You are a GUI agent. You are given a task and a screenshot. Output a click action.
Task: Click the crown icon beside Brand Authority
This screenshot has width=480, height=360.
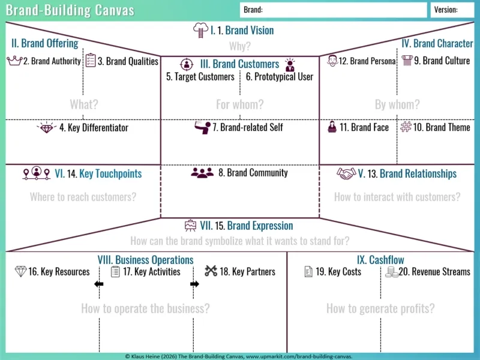pos(14,61)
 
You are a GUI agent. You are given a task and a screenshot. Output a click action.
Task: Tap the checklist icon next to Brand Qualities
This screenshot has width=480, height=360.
pos(91,61)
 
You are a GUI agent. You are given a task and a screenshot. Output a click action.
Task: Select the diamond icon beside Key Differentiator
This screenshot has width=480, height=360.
pos(46,128)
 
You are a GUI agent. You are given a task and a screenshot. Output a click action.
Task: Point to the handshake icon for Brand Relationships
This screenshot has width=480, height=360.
pos(346,173)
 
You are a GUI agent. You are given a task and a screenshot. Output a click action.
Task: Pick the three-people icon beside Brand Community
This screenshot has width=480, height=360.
pos(202,173)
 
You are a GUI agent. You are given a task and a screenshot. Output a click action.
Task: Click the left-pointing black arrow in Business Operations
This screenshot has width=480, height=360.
pos(99,284)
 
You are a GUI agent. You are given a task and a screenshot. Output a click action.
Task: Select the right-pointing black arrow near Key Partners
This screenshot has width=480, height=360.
pos(194,284)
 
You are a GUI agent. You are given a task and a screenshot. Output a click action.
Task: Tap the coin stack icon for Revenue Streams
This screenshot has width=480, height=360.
pos(392,272)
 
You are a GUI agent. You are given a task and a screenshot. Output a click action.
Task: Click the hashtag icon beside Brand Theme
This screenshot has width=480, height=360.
pos(406,127)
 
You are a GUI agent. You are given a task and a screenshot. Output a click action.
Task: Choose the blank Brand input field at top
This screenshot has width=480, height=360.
pos(334,10)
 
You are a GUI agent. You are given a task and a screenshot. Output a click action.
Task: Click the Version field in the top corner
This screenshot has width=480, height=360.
pos(452,10)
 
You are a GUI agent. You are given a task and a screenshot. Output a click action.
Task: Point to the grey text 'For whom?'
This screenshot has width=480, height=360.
pos(239,104)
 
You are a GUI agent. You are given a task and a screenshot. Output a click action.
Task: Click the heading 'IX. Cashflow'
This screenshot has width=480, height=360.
pos(380,260)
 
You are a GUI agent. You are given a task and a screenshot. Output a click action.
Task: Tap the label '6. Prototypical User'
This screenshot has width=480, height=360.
pos(280,77)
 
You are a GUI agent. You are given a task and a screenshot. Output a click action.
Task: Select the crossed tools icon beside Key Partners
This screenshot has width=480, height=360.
pos(211,271)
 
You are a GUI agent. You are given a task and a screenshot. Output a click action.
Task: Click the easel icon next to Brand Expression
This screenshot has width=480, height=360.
pos(190,226)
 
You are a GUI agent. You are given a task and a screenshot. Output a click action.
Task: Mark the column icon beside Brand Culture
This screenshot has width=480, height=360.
pos(407,61)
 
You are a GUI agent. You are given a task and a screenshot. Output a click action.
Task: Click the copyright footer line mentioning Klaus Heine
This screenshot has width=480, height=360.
pos(239,356)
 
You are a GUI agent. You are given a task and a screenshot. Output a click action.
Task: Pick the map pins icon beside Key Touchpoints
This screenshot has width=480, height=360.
pos(37,173)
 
